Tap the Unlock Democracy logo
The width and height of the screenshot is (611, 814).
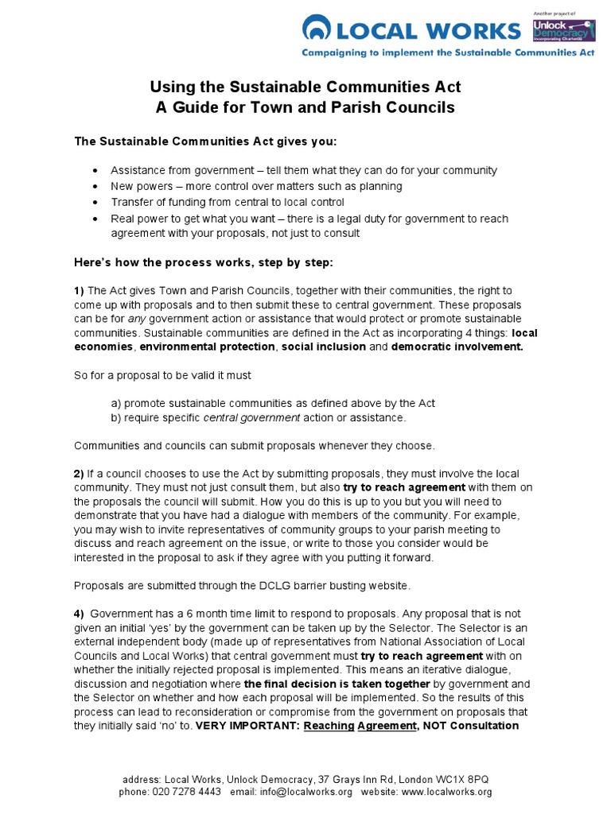coord(562,31)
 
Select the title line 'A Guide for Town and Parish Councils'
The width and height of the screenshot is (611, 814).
coord(305,107)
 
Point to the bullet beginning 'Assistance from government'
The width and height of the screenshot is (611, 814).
coord(303,170)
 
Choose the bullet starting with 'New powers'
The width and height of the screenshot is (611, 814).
coord(256,186)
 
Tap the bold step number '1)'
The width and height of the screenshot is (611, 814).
coord(80,291)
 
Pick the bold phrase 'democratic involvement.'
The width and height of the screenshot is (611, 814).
coord(457,347)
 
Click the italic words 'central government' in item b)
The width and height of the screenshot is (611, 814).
coord(251,417)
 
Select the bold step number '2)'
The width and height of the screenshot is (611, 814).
coord(80,474)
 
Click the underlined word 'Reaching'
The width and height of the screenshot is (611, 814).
coord(329,725)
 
